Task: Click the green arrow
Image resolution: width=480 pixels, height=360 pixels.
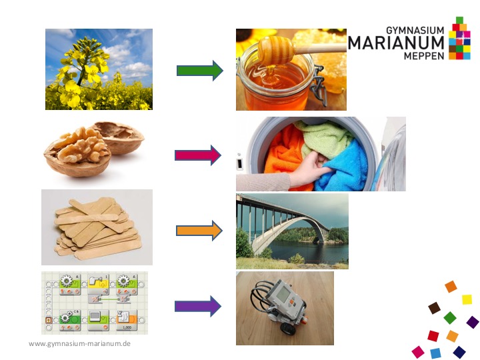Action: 200,71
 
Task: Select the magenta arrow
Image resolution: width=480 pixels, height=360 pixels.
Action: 198,155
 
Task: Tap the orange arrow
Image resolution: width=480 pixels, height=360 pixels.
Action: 199,231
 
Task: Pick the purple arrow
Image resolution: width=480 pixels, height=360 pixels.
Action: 198,306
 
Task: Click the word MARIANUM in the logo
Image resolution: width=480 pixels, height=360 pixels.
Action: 396,43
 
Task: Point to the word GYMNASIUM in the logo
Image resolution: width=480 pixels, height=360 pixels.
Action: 415,30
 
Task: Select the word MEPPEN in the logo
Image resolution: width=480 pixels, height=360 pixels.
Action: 424,56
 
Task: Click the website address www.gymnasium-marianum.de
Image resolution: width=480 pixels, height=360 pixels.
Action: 79,343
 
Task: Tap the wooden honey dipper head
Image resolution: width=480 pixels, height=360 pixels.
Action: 276,49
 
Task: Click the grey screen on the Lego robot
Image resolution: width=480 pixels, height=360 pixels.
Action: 283,294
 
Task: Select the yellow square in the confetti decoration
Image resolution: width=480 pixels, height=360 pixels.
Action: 467,299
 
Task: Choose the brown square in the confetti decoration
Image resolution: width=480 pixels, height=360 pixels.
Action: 434,308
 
